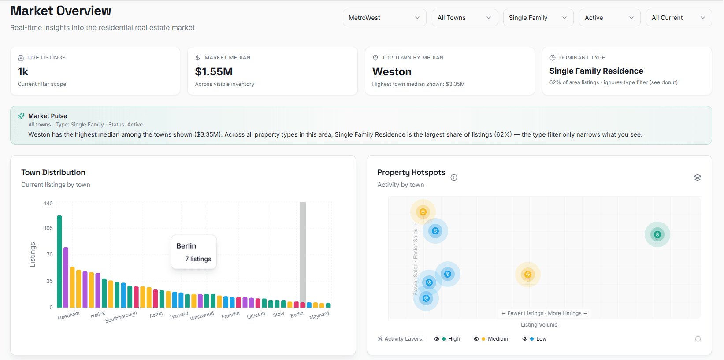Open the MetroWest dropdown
[384, 18]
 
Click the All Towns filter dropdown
[464, 18]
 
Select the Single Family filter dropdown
[538, 18]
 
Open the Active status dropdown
[609, 18]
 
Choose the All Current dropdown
[679, 18]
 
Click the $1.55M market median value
[214, 71]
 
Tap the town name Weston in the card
[392, 71]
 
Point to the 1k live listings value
[23, 71]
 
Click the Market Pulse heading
[48, 116]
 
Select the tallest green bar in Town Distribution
[59, 261]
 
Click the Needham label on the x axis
[68, 316]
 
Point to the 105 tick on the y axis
[48, 228]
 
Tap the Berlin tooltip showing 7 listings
[193, 252]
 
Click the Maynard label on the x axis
[319, 315]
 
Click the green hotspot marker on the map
[657, 234]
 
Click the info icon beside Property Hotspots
[454, 178]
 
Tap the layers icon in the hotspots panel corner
[698, 178]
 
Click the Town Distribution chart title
[53, 172]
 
